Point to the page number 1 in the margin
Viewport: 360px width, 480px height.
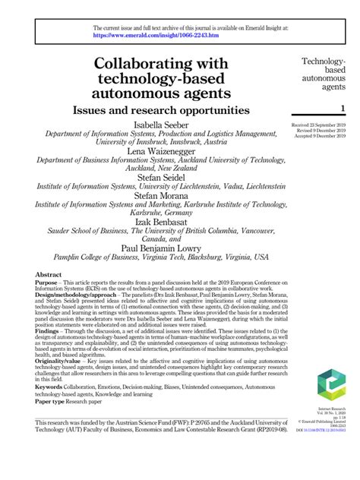[343, 109]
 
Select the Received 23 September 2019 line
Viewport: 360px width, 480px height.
[320, 124]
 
